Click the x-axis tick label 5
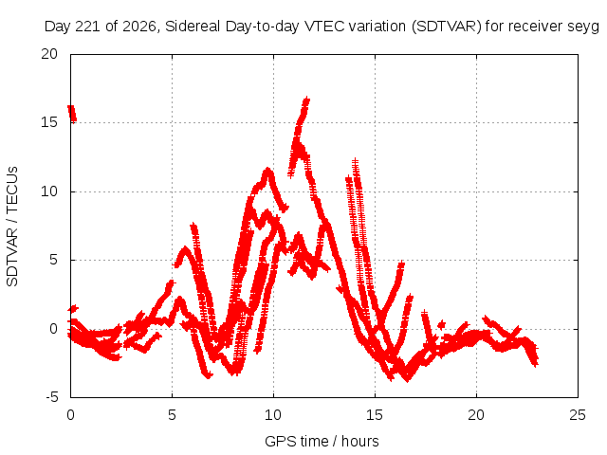pyautogui.click(x=172, y=415)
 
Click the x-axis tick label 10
pyautogui.click(x=273, y=415)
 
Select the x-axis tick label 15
pyautogui.click(x=375, y=415)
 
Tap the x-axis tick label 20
pyautogui.click(x=476, y=415)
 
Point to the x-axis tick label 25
pyautogui.click(x=578, y=415)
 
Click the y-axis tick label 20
pyautogui.click(x=49, y=54)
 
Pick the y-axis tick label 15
pyautogui.click(x=49, y=122)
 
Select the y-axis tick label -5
pyautogui.click(x=52, y=397)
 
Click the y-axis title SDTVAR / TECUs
pyautogui.click(x=12, y=227)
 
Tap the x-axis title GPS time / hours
pyautogui.click(x=322, y=441)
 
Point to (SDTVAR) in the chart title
pyautogui.click(x=447, y=27)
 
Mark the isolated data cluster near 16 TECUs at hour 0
pyautogui.click(x=72, y=114)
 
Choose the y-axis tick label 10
pyautogui.click(x=49, y=191)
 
